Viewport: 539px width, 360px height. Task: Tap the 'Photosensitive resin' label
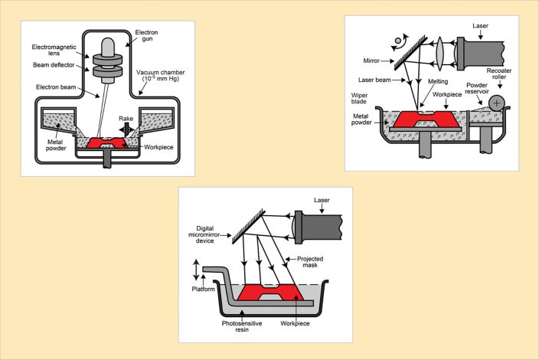[240, 330]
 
